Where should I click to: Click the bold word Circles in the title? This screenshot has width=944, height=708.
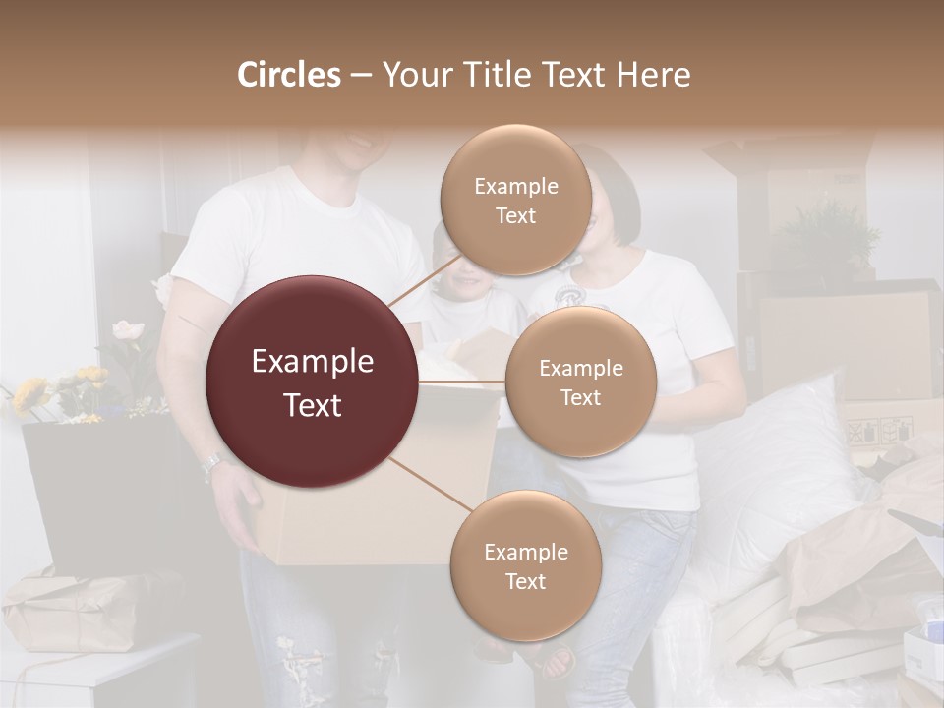point(288,75)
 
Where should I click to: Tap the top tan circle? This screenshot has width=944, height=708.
point(515,201)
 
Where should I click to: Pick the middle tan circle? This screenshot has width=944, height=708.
point(580,383)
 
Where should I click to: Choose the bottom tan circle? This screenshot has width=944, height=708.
point(525,566)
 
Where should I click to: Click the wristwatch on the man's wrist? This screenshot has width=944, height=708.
point(213,465)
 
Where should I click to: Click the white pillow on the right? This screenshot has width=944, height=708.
point(777,462)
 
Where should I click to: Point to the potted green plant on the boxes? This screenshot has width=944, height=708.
point(826,236)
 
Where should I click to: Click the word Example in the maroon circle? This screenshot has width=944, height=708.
point(312,362)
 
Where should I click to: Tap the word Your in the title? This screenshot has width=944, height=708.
point(412,75)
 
